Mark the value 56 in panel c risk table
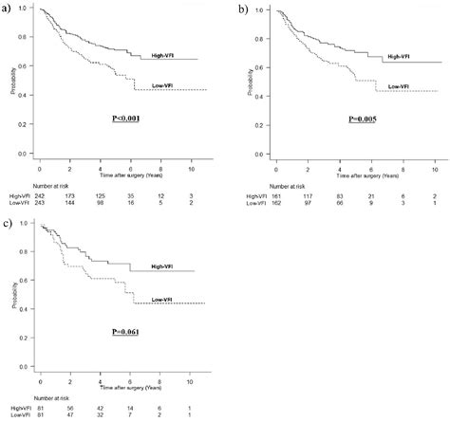click(x=71, y=406)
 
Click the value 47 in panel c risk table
click(x=71, y=414)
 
